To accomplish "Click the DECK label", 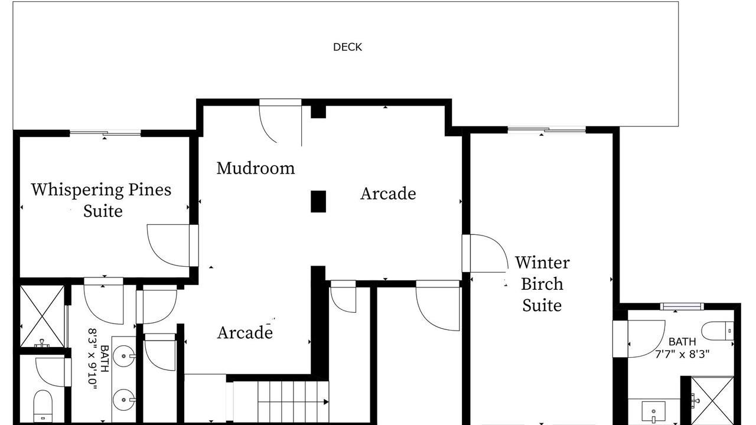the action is click(x=347, y=47).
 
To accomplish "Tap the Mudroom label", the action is click(x=256, y=168).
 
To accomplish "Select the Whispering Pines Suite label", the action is click(x=101, y=200).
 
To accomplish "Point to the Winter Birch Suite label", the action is click(x=542, y=284).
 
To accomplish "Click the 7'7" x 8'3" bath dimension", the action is click(x=682, y=355).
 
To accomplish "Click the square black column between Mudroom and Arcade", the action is click(x=318, y=201).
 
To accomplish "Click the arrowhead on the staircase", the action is click(x=326, y=402).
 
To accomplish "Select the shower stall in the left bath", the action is click(x=42, y=316).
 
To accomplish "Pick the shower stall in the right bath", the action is click(x=712, y=401).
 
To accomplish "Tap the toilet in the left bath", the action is click(x=43, y=407).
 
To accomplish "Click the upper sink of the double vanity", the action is click(x=123, y=356).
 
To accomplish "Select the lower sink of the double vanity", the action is click(x=123, y=400).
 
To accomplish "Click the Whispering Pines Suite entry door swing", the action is click(x=168, y=246).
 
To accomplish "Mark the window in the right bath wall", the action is click(x=682, y=306).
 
